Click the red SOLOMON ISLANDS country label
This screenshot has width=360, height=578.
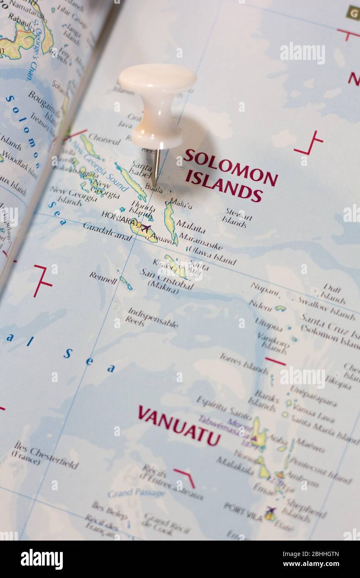(x=229, y=175)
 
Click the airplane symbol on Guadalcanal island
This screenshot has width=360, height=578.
(x=145, y=228)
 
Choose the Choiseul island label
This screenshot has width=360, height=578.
(x=105, y=139)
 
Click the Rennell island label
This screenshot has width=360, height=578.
(x=103, y=277)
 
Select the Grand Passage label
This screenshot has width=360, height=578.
(x=136, y=493)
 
